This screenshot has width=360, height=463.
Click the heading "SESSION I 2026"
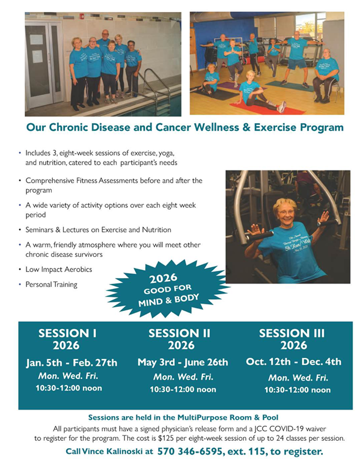tap(67, 339)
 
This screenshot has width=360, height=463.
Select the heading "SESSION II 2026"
tap(182, 339)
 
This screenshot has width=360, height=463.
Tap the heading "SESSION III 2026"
tap(292, 339)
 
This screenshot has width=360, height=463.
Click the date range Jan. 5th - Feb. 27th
tap(72, 363)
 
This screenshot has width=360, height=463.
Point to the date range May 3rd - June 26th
tap(183, 362)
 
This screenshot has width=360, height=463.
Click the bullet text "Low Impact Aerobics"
tap(58, 269)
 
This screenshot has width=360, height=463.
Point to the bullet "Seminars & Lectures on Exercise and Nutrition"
tap(98, 229)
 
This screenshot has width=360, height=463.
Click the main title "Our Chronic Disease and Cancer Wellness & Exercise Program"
tap(185, 127)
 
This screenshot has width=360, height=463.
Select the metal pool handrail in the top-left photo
tap(155, 84)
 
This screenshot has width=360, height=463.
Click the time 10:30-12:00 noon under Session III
tap(297, 390)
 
